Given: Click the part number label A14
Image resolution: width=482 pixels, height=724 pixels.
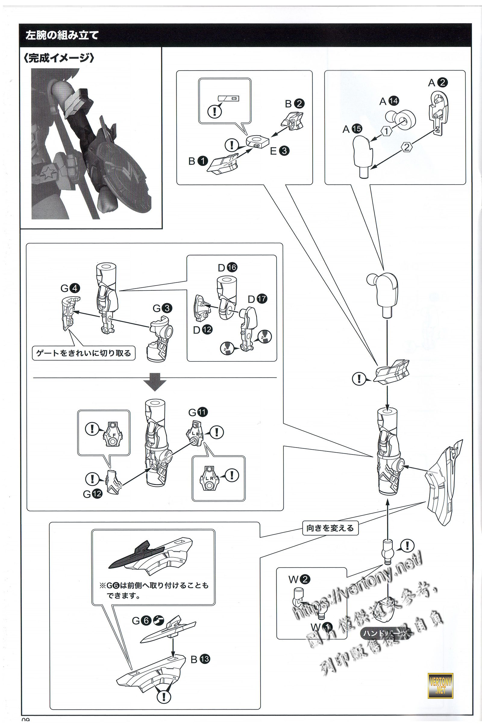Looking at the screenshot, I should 389,101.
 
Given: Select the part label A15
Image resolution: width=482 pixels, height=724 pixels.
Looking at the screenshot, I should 352,129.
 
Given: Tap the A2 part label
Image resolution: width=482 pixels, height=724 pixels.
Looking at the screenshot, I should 438,82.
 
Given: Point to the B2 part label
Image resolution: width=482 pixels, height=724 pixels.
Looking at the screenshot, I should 295,104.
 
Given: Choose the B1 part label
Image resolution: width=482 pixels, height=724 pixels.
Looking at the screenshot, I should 198,161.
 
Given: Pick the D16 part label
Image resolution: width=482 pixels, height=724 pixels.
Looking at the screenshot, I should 227,268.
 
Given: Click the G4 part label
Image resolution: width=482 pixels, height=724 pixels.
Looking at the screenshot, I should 70,288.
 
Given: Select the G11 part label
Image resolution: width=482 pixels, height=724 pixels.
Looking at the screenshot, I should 198,412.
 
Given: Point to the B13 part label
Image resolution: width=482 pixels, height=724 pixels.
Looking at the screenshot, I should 200,659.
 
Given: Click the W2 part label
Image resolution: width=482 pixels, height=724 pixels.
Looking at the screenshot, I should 299,579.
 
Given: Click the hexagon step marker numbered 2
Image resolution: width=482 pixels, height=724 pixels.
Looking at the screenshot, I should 407,147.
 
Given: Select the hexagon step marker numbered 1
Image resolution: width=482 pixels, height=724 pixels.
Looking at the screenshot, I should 387,131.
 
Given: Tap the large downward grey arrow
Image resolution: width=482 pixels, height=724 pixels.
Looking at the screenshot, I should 155,382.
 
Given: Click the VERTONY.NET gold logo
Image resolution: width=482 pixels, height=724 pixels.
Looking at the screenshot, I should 440,686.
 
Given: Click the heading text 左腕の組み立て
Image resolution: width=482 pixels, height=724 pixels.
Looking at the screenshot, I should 62,35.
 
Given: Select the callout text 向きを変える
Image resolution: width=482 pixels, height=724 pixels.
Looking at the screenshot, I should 330,528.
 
